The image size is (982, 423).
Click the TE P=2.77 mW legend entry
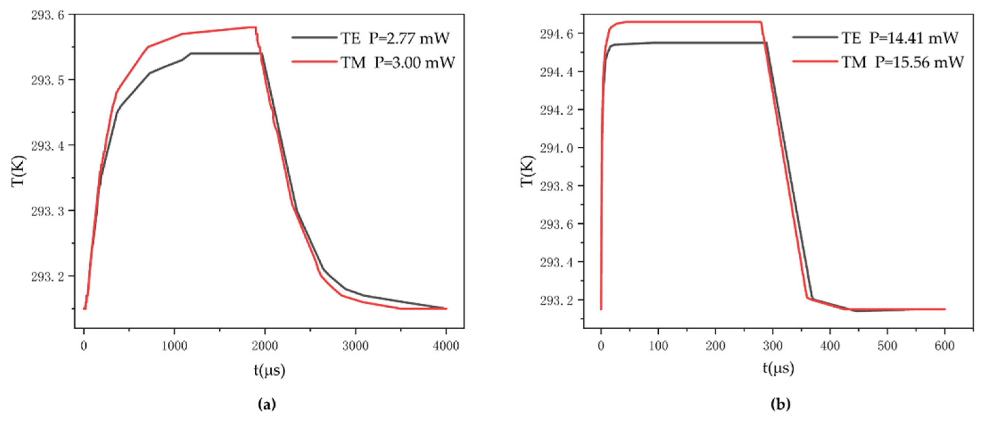pos(395,39)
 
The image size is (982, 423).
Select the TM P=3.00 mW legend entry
pos(397,62)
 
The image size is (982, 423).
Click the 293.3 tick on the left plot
pos(48,212)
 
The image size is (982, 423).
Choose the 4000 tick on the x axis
pos(446,346)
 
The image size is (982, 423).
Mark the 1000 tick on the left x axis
pos(174,346)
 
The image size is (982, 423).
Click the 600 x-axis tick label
pos(945,346)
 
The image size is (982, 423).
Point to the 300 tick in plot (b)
pos(773,346)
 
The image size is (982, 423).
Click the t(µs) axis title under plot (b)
pos(778,368)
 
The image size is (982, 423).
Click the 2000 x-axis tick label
pos(264,346)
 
